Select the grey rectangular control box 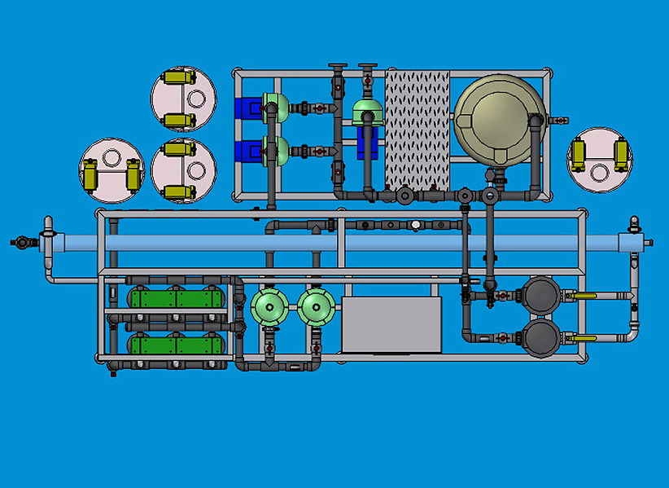(x=391, y=324)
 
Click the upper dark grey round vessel (x=540, y=294)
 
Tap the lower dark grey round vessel (x=540, y=336)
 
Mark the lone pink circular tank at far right (x=600, y=159)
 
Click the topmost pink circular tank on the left (x=184, y=99)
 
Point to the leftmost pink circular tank (x=111, y=170)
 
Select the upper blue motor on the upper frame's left (x=247, y=108)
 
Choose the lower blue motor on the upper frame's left (x=247, y=151)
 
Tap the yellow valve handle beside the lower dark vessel (x=583, y=336)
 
